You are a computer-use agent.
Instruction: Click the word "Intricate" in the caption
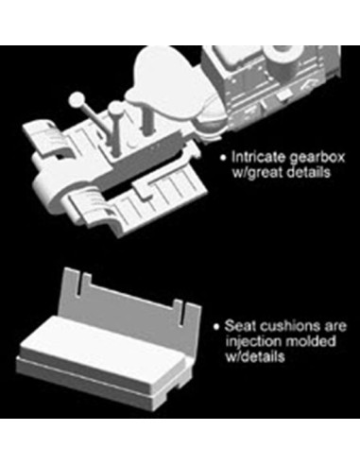tap(258, 157)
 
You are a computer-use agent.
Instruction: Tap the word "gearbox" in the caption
tap(317, 158)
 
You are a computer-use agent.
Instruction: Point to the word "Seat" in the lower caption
tap(240, 326)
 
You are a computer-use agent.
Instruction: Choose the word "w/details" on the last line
tap(255, 356)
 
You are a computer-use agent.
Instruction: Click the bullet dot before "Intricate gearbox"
tap(223, 158)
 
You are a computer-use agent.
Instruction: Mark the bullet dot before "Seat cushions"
tap(216, 326)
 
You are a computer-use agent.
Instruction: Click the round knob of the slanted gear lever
tap(77, 99)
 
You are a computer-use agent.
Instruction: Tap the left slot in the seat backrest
tap(79, 285)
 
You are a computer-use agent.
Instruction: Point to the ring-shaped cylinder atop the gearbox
tap(284, 55)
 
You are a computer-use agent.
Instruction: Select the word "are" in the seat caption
tap(334, 326)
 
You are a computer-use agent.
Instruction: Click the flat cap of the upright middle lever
tap(116, 108)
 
